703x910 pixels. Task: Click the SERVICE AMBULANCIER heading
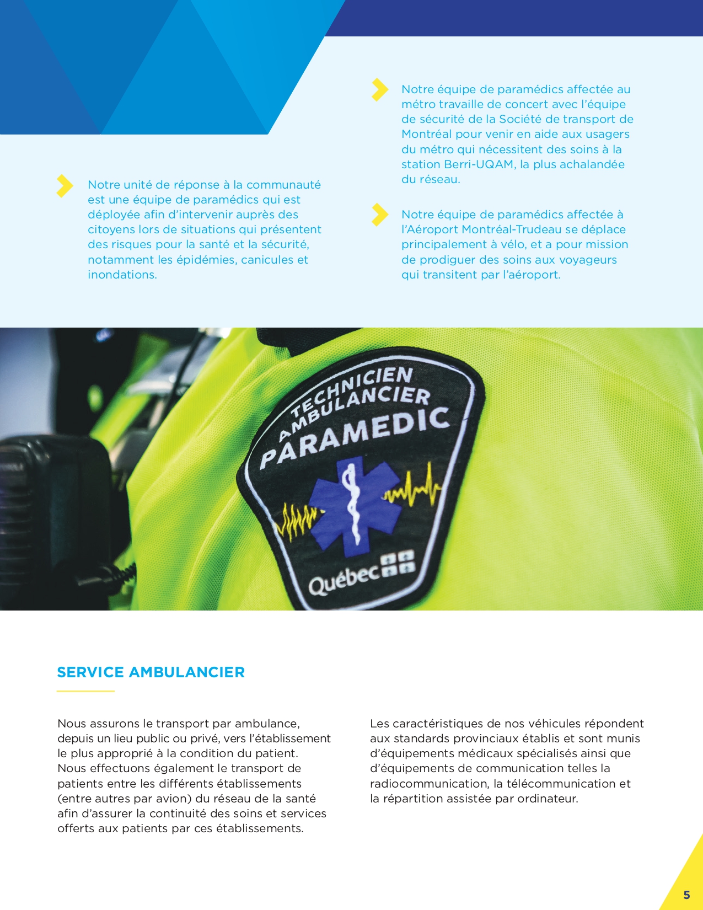tap(151, 672)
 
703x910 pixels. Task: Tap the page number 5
tap(686, 895)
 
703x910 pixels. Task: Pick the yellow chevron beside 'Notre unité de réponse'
tap(65, 186)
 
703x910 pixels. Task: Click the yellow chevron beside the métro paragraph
tap(379, 90)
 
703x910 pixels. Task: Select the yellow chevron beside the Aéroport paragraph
tap(379, 215)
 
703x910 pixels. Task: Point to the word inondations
tap(122, 275)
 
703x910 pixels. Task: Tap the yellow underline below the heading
tap(85, 691)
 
